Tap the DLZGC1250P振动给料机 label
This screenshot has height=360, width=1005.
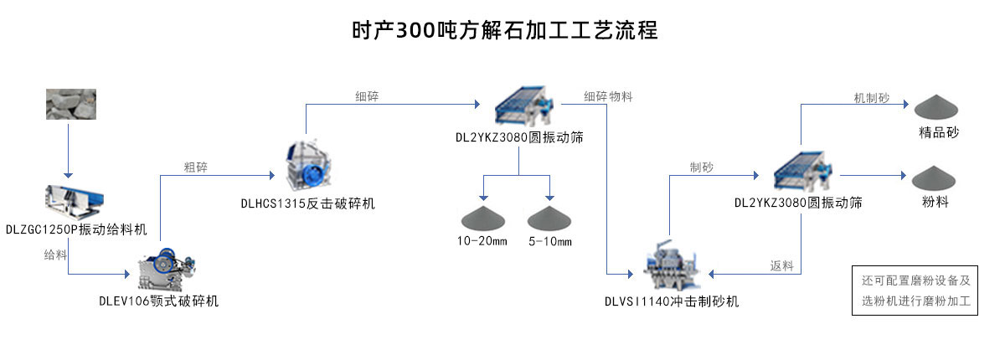click(x=76, y=229)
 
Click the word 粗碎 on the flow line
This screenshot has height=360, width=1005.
click(x=196, y=167)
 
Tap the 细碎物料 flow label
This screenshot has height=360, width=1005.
click(x=608, y=96)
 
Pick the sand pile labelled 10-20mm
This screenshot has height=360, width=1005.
click(x=483, y=218)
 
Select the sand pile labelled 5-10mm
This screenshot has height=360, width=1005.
click(x=549, y=218)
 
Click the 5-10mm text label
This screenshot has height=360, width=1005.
click(x=550, y=242)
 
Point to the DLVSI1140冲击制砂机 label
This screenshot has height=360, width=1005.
click(x=672, y=301)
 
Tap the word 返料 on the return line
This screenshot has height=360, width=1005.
click(x=781, y=266)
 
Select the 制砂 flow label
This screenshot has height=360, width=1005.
click(x=702, y=167)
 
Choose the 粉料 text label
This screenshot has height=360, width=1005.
click(x=935, y=202)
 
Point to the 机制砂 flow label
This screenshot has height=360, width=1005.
click(x=872, y=98)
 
